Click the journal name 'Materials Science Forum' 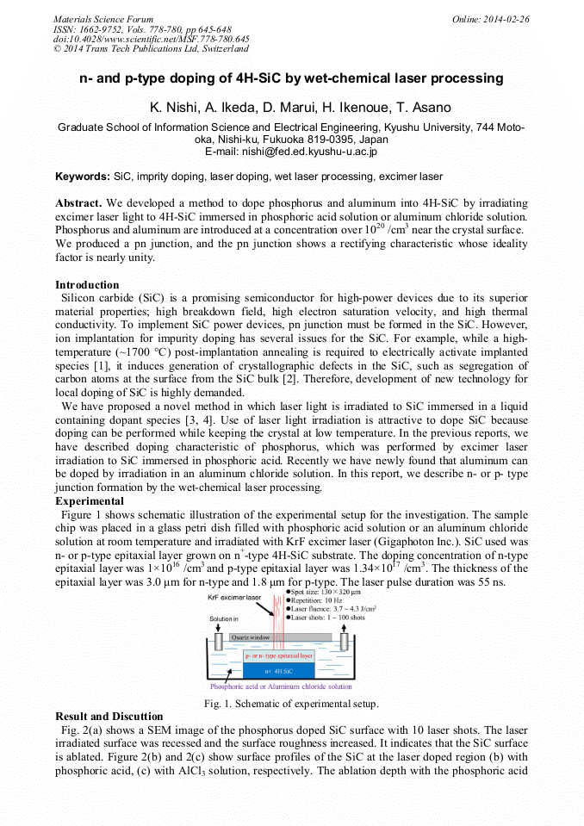coord(103,19)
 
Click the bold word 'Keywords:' coord(83,177)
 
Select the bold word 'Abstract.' coord(79,202)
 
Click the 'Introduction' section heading coord(87,285)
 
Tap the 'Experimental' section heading coord(90,500)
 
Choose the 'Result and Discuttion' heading coord(109,717)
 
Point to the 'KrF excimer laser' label coord(234,597)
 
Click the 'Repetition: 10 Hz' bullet coord(319,600)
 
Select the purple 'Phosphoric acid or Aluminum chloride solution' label coord(281,686)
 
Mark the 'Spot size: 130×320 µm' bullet coord(328,593)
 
